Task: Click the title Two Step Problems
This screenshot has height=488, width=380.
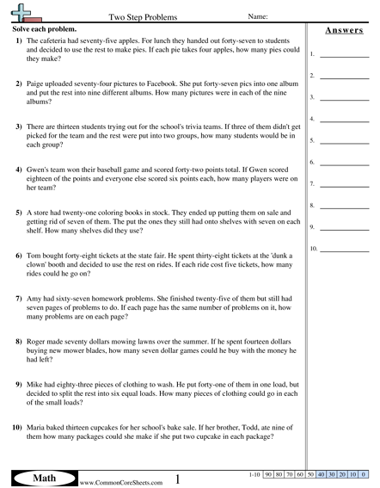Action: (141, 16)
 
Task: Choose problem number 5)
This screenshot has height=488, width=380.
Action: (19, 211)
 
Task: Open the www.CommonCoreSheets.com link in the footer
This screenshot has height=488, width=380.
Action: (116, 482)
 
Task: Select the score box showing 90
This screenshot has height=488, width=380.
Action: (269, 474)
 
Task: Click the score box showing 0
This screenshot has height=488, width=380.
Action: (364, 474)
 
